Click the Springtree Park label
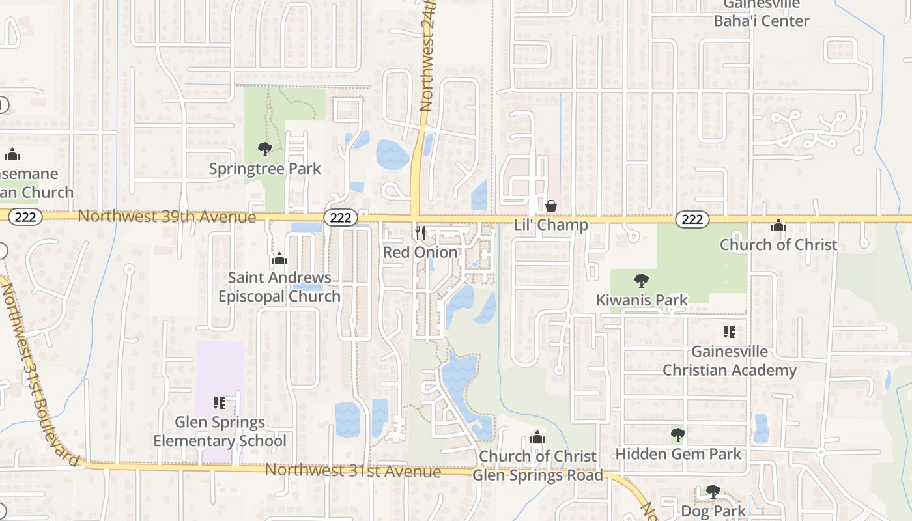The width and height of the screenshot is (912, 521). coord(264,169)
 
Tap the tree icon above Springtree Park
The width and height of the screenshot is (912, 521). coord(264,149)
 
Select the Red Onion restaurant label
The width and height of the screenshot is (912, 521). coord(420,252)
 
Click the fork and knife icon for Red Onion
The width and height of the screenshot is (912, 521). coord(420,232)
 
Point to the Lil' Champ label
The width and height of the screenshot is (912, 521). coord(550,225)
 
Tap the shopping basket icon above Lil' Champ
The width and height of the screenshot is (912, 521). coord(551,206)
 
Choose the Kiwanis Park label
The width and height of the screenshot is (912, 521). coord(642,300)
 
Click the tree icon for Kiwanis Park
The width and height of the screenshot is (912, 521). coord(642,281)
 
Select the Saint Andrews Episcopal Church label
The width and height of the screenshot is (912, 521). coord(279,287)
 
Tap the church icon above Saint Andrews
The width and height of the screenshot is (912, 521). coord(279,259)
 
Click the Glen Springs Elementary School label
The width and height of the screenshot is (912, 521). coord(220,432)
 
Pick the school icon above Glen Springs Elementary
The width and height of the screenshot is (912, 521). coord(220,403)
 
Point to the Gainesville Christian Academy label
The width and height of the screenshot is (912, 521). coord(730,361)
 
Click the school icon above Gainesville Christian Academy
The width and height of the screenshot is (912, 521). coord(730,332)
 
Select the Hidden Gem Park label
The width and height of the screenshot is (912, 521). coord(678,454)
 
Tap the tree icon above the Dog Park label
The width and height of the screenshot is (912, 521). coord(713,491)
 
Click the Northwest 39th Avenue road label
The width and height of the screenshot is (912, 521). coord(167,216)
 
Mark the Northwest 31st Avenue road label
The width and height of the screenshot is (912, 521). coord(352,470)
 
